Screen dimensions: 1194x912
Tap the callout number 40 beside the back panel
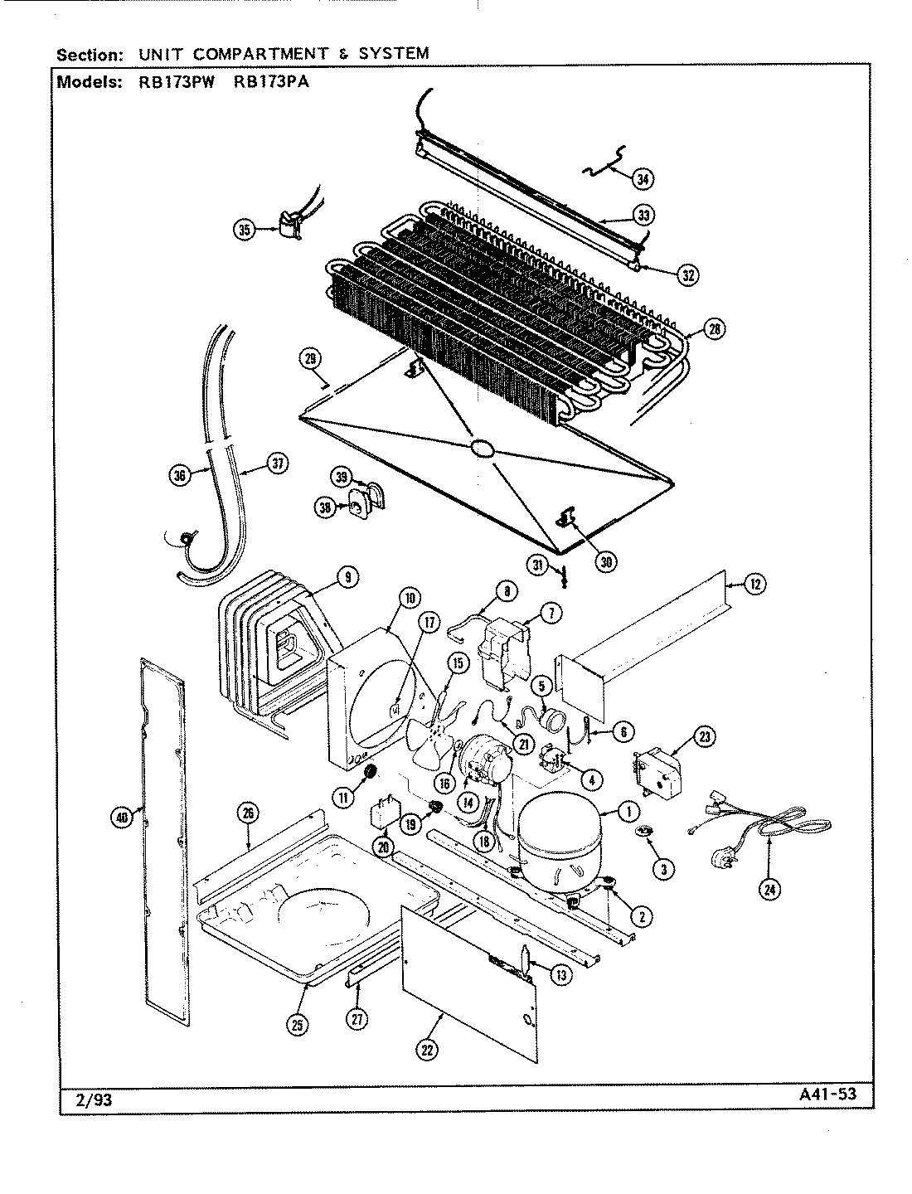122,818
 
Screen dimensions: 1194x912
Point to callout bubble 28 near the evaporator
715,329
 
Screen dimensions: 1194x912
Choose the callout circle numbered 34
643,177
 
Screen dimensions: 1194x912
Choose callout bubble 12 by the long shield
754,585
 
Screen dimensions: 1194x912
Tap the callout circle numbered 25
297,1025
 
